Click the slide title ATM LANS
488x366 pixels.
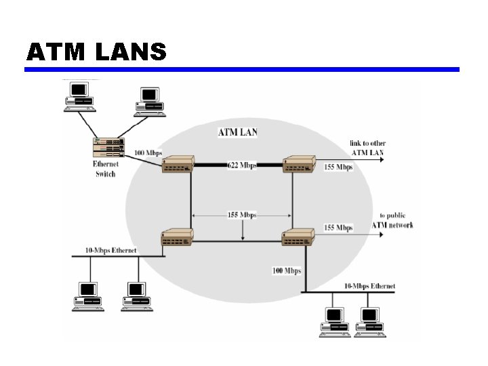point(96,52)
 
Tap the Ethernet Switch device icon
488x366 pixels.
point(108,148)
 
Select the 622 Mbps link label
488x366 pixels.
point(242,165)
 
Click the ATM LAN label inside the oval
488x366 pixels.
point(238,132)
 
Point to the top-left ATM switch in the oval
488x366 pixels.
point(178,164)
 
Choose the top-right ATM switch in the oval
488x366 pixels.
point(299,164)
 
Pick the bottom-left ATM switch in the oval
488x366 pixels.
point(178,237)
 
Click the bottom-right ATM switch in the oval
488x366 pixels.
point(298,237)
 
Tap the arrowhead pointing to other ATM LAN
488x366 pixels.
point(382,160)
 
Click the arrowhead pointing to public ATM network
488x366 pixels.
point(381,235)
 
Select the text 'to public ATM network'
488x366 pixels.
point(392,220)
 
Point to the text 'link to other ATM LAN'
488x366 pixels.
point(367,148)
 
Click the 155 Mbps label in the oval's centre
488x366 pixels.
point(242,215)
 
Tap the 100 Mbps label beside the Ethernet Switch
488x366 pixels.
point(148,152)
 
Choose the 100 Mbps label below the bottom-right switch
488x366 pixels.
point(287,270)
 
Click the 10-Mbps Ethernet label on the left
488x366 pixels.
point(110,250)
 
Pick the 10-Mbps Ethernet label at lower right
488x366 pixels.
point(370,286)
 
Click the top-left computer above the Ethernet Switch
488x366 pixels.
point(80,96)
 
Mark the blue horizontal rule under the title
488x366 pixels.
point(242,69)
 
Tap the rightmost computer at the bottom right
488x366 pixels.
point(370,322)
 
